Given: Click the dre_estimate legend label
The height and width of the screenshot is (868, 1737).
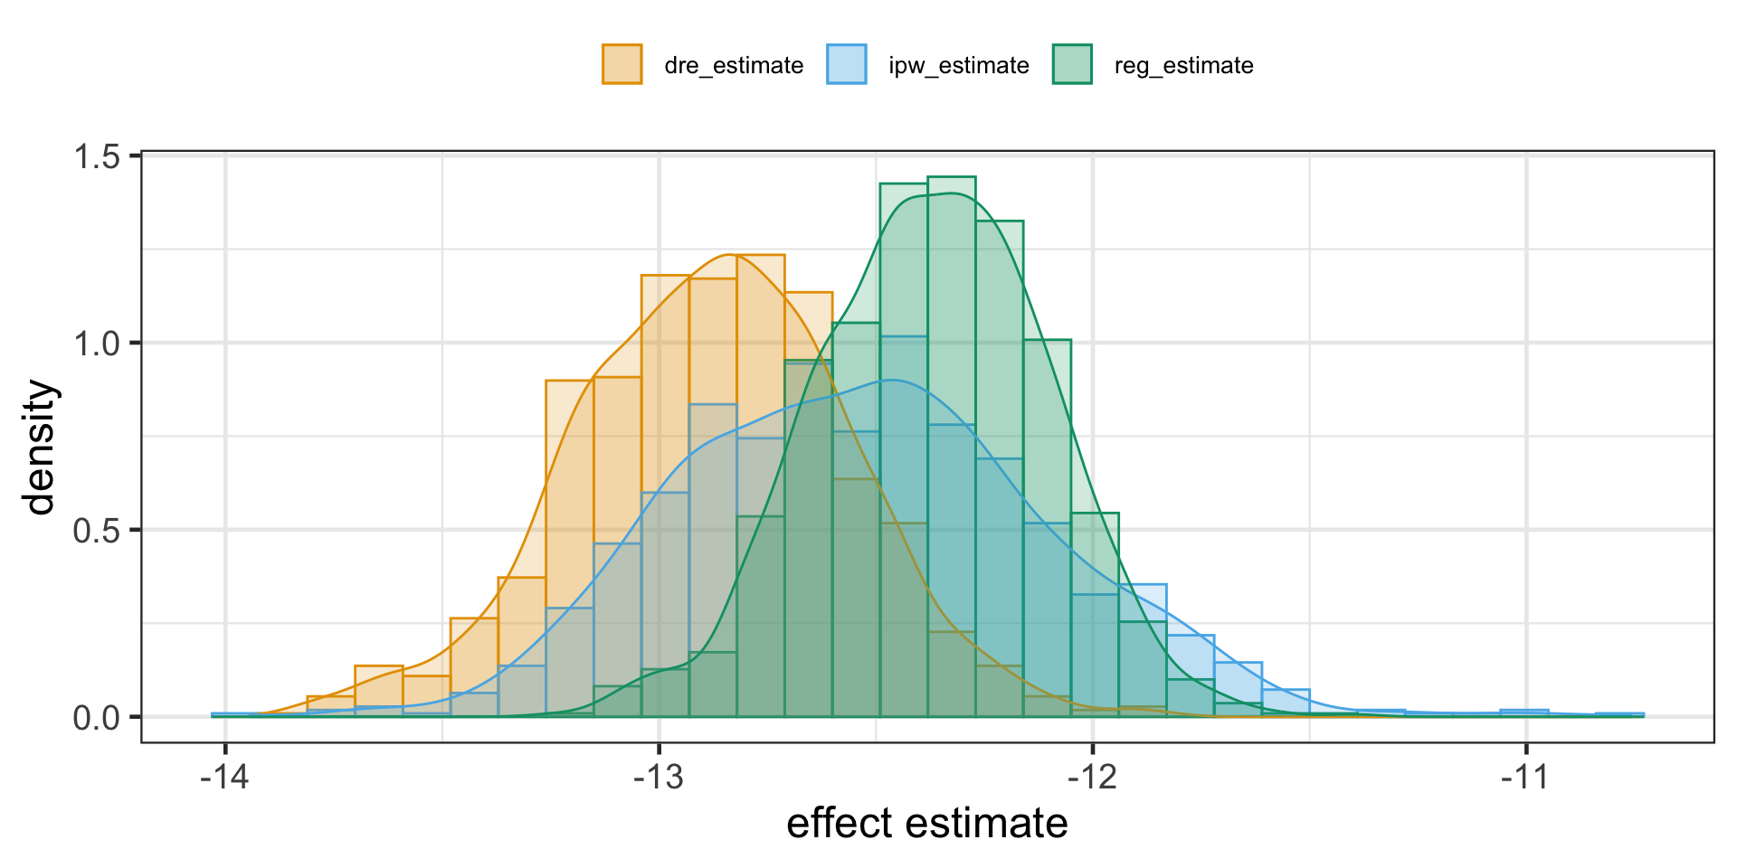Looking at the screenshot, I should pos(733,66).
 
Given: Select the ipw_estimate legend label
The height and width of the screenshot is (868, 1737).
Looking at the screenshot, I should pos(958,66).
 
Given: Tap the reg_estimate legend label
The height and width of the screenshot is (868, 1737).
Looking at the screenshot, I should pos(1183,66).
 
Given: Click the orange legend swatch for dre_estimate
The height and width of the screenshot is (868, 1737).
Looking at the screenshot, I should pos(622,64).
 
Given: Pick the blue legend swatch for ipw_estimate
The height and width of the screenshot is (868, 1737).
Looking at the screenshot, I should pos(847,64).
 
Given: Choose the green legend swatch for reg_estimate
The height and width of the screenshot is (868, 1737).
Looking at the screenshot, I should pos(1072,64).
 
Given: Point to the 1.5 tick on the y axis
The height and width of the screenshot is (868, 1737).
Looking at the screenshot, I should pos(99,157).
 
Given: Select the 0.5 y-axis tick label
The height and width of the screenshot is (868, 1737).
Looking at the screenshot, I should pos(99,531).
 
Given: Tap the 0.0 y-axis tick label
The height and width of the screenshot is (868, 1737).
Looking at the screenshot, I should pos(99,718).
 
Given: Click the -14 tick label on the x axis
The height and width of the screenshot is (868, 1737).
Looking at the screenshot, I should pos(225,777).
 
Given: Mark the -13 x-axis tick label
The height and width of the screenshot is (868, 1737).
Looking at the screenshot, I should pos(659,777).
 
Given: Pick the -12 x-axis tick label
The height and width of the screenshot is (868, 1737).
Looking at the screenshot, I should pos(1093,777).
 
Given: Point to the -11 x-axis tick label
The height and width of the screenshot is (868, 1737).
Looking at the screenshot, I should pos(1526,777).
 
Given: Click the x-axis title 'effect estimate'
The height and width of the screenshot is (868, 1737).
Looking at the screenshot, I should pos(927,824).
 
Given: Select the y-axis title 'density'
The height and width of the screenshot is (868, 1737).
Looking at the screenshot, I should pos(42,448).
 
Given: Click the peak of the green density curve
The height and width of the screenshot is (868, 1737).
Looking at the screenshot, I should pos(950,193).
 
